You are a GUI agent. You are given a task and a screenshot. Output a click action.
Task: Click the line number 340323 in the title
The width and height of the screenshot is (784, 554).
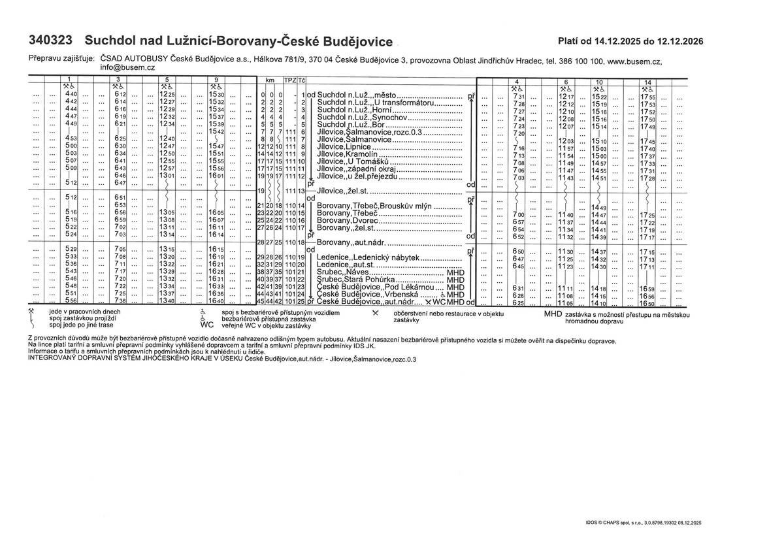click(50, 40)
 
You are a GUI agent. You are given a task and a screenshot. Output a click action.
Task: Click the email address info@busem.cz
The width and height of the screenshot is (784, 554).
click(127, 67)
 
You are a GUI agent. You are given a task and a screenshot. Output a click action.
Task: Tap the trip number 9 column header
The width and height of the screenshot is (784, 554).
click(216, 80)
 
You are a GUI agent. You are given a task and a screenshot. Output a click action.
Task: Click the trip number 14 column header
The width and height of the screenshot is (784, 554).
click(647, 80)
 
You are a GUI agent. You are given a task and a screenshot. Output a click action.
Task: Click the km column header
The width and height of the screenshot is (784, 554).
click(270, 80)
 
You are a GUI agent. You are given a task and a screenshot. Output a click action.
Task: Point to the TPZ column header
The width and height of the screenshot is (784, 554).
click(289, 80)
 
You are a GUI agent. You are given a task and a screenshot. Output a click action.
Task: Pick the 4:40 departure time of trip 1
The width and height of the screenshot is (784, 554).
click(71, 95)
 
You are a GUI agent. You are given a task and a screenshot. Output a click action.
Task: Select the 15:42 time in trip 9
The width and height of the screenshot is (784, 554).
click(216, 132)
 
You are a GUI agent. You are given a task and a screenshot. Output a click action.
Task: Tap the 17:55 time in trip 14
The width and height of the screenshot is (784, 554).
click(647, 97)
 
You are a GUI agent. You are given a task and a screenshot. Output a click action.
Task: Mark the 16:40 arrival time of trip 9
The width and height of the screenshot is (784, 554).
click(216, 301)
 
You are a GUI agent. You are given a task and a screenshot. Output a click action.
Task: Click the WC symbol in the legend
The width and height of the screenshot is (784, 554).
click(207, 324)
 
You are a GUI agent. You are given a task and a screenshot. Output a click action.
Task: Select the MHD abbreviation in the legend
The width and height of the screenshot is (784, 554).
click(553, 314)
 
